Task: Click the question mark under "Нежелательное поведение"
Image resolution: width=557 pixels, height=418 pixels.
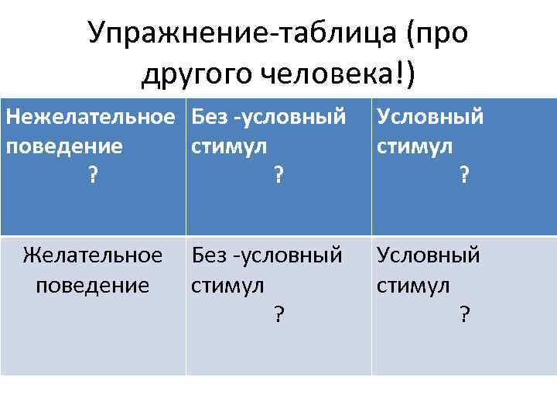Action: point(92,176)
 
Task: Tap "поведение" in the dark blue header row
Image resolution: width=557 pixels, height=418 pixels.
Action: point(64,146)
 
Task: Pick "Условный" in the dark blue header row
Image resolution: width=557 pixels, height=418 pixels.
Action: point(430,117)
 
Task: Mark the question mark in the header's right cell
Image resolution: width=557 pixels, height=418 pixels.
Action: point(463,176)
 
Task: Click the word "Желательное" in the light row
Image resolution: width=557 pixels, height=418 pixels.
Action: point(93,255)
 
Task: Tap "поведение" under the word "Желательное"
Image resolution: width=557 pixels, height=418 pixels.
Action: point(93,284)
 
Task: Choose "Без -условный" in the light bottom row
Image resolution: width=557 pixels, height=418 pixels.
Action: point(267,255)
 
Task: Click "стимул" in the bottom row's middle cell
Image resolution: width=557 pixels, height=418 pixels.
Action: point(227,284)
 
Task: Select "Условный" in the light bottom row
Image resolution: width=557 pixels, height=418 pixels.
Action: point(429,255)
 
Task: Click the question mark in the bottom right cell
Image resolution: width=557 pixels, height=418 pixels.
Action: point(463,313)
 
